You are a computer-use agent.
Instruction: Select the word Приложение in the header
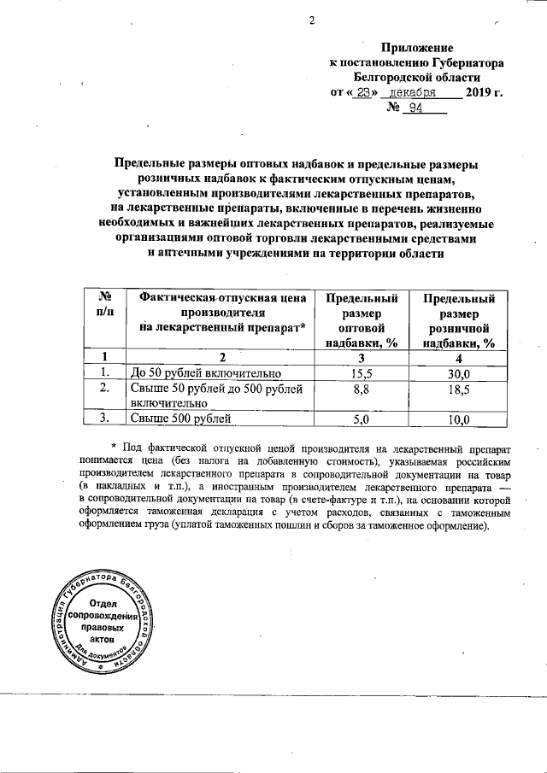417,48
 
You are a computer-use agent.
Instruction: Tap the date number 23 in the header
364,91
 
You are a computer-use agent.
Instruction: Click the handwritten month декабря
414,91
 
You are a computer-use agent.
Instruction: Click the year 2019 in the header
479,91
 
